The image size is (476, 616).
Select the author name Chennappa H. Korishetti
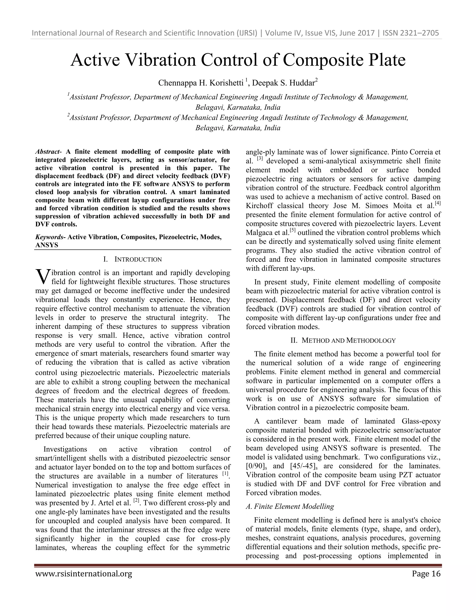[201, 83]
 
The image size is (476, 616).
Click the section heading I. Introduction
[132, 259]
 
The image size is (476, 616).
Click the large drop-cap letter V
[43, 277]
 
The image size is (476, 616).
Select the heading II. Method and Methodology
[343, 341]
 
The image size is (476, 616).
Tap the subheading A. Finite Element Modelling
[290, 507]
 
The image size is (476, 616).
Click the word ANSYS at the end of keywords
[46, 245]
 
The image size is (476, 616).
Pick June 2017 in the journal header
[357, 33]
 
